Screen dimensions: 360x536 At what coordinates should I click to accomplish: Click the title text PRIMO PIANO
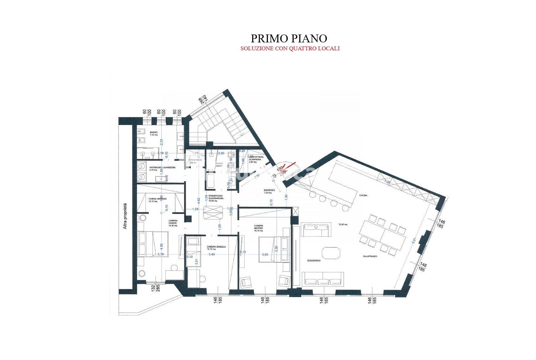(x=289, y=38)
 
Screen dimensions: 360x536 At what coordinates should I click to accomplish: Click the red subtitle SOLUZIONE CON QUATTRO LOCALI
(x=290, y=49)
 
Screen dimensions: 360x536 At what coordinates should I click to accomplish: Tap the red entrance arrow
(x=287, y=166)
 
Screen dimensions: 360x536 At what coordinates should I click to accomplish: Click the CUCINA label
(x=363, y=196)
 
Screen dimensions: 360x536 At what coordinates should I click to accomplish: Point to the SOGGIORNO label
(x=314, y=261)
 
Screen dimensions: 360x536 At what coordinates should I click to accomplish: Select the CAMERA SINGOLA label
(x=216, y=247)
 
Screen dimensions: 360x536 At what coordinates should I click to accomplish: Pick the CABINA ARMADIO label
(x=157, y=200)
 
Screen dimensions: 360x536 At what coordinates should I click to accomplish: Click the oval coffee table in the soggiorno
(x=331, y=253)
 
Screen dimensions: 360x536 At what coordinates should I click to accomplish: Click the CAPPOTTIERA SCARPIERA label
(x=255, y=158)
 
